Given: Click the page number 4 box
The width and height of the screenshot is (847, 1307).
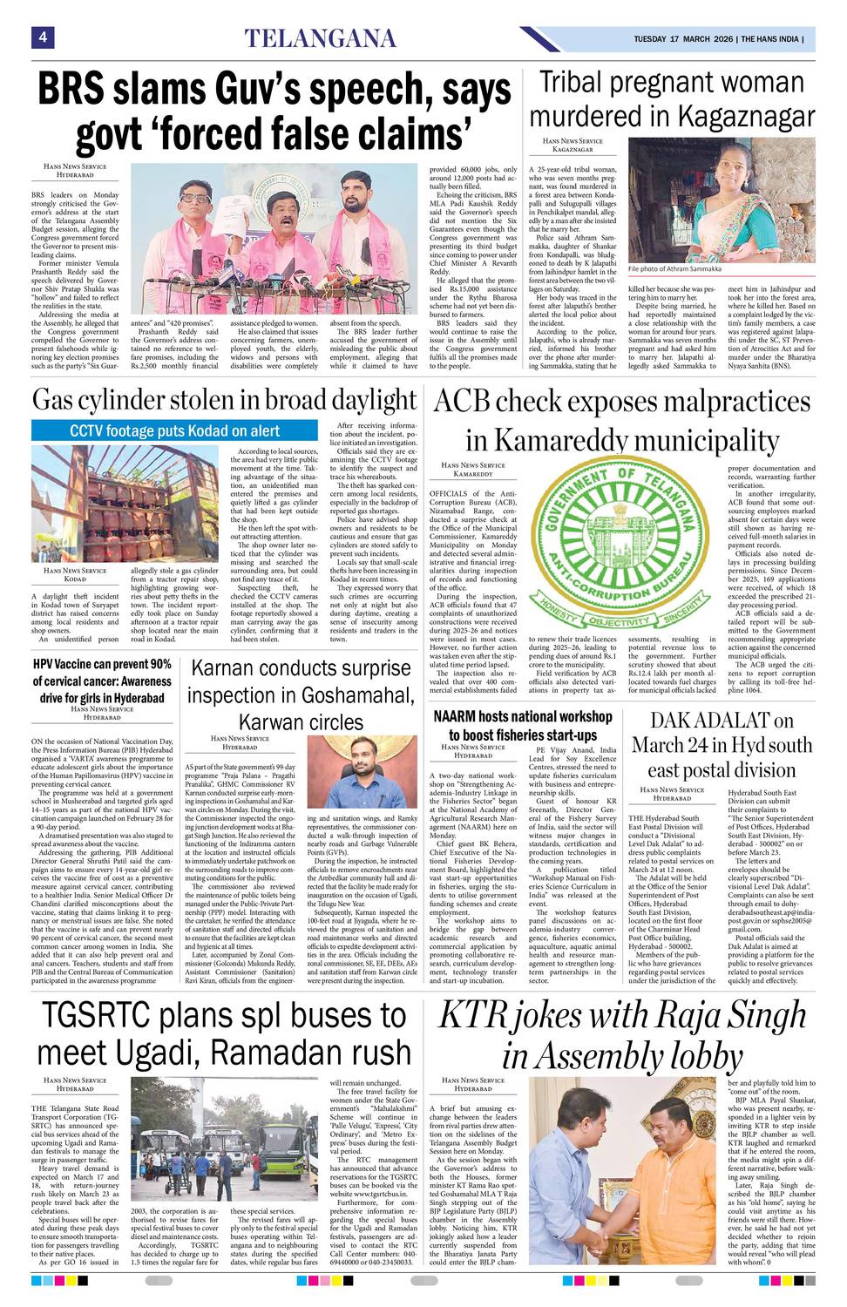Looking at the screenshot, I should coord(42,37).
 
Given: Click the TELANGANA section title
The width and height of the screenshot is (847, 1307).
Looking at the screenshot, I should coord(320,38).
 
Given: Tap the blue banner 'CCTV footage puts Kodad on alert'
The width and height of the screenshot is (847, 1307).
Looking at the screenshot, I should coord(174,430).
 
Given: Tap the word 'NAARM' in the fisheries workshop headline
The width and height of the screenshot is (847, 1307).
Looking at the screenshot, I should coord(457,717).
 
